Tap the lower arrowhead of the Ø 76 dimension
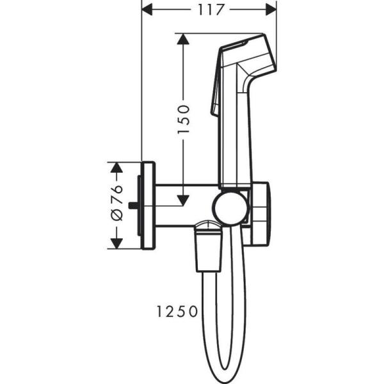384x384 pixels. point(116,243)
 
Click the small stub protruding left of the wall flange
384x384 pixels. point(132,206)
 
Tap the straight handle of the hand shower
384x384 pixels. point(234,141)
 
